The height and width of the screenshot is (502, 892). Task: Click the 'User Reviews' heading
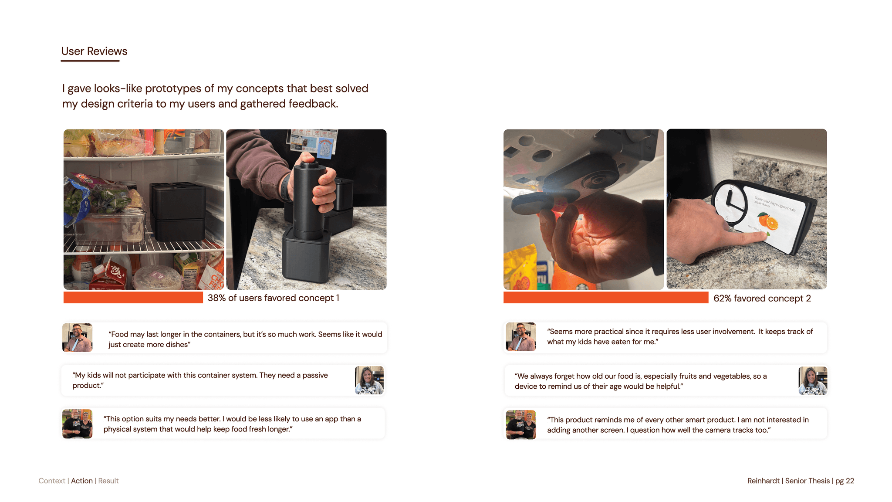94,51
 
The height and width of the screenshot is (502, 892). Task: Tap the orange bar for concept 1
133,298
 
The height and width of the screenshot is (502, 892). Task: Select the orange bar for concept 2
606,298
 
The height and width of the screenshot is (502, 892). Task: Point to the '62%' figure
723,298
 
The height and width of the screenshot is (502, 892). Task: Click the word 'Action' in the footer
82,481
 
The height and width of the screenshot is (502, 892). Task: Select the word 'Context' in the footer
52,481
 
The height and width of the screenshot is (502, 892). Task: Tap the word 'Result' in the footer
108,481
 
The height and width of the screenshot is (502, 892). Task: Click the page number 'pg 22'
845,481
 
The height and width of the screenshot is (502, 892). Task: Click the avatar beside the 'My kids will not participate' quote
369,380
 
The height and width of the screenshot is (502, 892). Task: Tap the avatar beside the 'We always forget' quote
813,381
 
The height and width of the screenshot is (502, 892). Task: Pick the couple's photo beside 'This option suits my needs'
78,424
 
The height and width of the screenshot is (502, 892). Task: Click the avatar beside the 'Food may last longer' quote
78,337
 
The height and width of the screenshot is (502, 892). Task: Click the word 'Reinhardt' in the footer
764,481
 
